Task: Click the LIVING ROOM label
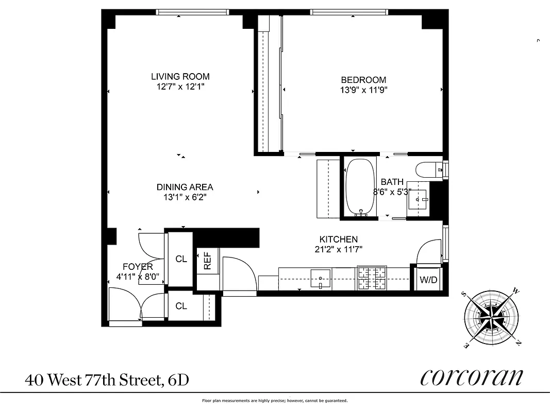180,77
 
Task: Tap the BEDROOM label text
363,80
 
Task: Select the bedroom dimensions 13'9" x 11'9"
363,90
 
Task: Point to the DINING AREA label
185,187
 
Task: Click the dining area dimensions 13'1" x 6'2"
185,197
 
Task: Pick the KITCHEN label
338,239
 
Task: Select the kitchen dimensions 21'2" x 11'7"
338,249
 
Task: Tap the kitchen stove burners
372,279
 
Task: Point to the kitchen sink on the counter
320,278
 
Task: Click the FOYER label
137,267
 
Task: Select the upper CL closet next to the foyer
181,259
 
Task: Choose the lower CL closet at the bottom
181,306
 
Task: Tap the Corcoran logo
471,378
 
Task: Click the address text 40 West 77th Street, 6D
107,381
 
